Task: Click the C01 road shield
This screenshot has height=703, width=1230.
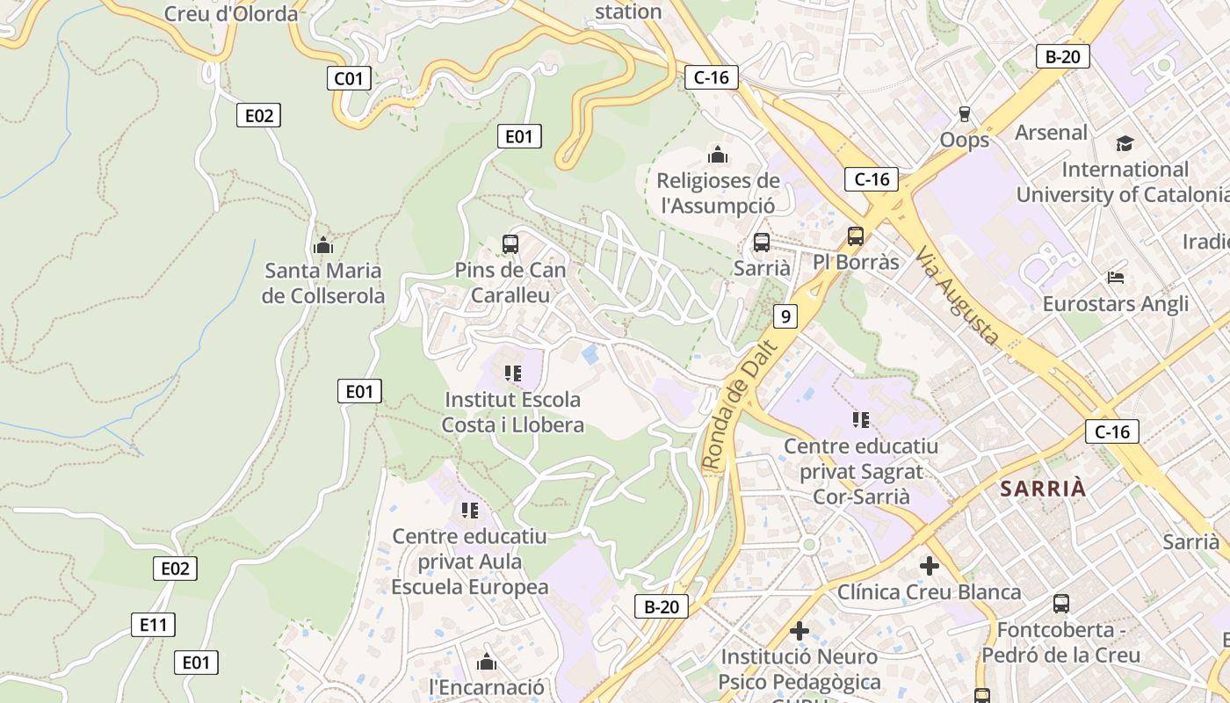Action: [x=349, y=78]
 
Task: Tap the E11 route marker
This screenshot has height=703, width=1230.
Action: [x=153, y=625]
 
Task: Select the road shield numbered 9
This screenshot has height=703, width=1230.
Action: [x=785, y=316]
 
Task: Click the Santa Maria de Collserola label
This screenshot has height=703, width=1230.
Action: [x=323, y=283]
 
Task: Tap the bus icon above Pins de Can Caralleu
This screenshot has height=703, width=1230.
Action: [x=510, y=244]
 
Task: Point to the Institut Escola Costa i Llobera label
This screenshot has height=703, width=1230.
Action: [x=512, y=412]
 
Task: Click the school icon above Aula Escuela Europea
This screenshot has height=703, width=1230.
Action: [x=469, y=510]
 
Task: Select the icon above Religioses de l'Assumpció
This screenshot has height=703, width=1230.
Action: [x=718, y=156]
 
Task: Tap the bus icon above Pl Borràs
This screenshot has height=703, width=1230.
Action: [x=856, y=236]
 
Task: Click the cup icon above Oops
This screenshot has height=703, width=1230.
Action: [x=964, y=114]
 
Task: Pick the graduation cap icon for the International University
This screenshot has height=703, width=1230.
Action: [x=1125, y=143]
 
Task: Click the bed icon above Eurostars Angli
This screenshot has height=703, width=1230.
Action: [x=1115, y=278]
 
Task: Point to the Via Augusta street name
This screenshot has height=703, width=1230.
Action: [x=957, y=294]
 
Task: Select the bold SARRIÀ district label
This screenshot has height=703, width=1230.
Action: [x=1043, y=489]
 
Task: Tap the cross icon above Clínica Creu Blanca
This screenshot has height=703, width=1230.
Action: [x=929, y=566]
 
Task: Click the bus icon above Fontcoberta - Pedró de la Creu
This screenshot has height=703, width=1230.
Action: [x=1060, y=604]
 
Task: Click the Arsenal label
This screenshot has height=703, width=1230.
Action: [x=1051, y=133]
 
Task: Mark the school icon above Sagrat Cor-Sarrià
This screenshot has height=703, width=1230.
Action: [x=860, y=420]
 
